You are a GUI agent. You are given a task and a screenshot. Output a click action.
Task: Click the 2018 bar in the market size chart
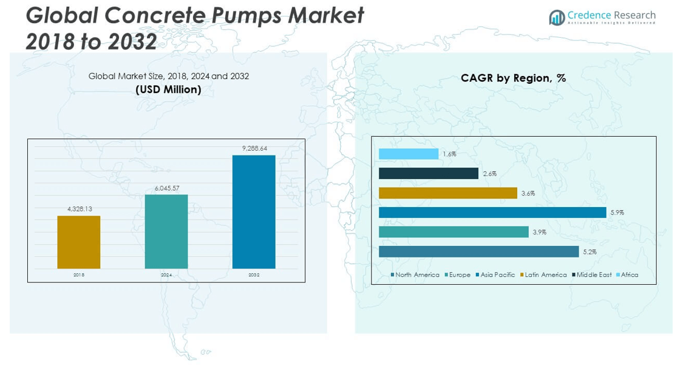coord(79,242)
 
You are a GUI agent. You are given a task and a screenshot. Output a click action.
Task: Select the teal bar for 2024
coord(166,231)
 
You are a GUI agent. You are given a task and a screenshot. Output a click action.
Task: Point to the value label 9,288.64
coord(254,148)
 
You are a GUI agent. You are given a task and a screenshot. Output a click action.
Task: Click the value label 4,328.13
coord(80,209)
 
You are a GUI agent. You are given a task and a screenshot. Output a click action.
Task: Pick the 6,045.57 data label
coord(166,188)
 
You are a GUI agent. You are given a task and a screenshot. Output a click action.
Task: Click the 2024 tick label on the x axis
coord(166,275)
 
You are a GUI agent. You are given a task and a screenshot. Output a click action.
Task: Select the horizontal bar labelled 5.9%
coord(492,212)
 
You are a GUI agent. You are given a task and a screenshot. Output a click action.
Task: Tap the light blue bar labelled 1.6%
coord(409,154)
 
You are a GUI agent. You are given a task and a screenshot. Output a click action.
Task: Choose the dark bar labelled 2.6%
coord(429,174)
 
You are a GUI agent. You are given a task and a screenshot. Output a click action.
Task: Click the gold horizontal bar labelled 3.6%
coord(448,193)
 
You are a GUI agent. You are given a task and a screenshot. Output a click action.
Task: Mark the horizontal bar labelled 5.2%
coord(479,251)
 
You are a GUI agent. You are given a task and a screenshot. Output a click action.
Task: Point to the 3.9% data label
coord(540,232)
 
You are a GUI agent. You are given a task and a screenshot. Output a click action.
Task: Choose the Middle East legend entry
coord(593,275)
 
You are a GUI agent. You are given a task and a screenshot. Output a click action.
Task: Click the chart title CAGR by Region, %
coord(513,78)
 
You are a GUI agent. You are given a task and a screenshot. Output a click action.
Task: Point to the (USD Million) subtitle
coord(168,89)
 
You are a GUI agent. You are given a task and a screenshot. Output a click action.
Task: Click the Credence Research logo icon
coord(556,18)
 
